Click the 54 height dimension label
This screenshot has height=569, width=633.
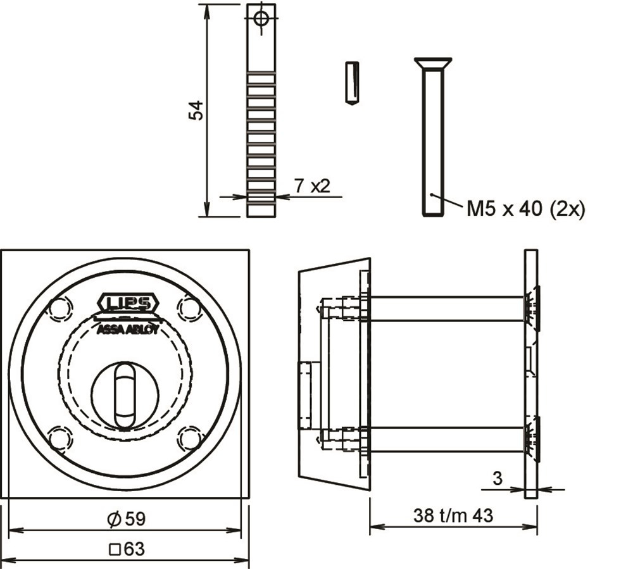click(196, 110)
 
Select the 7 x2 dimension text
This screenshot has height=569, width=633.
click(312, 186)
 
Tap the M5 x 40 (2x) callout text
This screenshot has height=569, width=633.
click(525, 209)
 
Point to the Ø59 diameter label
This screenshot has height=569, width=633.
click(127, 519)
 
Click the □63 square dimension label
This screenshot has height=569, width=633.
click(127, 549)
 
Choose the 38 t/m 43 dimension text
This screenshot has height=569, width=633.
click(453, 516)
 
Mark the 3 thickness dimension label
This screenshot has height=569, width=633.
click(498, 478)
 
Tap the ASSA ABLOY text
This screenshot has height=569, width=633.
click(128, 330)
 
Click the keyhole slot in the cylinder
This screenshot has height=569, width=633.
click(125, 395)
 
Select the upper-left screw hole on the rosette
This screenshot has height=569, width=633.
click(61, 308)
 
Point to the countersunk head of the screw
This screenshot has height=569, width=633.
click(433, 63)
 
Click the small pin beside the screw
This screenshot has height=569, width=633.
click(353, 83)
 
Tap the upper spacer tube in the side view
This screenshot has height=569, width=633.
click(447, 309)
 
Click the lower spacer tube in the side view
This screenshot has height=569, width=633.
click(447, 439)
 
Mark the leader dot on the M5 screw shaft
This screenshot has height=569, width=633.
click(432, 194)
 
